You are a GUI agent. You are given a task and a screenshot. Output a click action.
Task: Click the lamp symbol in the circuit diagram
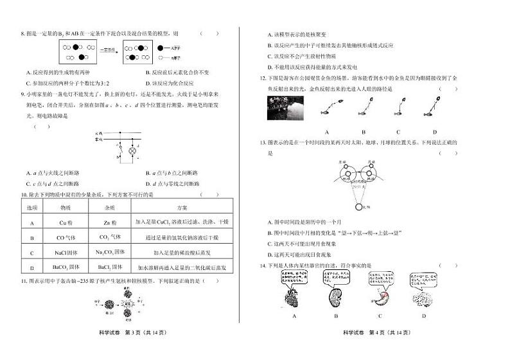132,151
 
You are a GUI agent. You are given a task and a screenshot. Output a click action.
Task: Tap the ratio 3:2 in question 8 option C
116,84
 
